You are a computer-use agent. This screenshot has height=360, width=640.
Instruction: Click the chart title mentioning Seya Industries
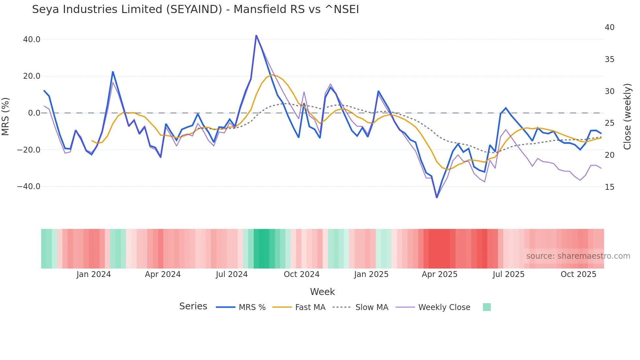(195, 9)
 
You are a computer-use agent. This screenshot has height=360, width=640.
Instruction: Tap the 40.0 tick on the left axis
(32, 40)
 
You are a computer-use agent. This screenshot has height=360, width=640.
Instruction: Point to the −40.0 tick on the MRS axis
(29, 187)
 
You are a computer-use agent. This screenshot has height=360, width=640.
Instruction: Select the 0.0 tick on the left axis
(34, 113)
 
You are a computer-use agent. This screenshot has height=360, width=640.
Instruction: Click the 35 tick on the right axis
(609, 59)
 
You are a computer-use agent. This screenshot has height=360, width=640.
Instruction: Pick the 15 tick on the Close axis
(609, 187)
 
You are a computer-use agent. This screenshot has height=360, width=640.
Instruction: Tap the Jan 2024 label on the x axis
(94, 274)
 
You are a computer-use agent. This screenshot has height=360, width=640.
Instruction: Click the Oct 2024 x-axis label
(301, 274)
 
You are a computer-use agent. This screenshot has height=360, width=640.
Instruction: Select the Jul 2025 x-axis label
(508, 274)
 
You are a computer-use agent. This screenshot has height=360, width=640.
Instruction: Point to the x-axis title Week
(322, 292)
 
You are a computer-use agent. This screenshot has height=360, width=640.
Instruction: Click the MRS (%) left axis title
(6, 116)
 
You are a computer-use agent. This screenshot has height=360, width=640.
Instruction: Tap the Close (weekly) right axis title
(627, 117)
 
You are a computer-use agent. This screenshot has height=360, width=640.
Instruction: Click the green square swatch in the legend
(487, 307)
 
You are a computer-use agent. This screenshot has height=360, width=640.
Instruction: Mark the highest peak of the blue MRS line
(256, 35)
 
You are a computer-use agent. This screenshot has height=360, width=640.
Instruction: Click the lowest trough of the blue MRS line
(437, 197)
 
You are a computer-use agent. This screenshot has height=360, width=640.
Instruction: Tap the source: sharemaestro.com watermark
(578, 256)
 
